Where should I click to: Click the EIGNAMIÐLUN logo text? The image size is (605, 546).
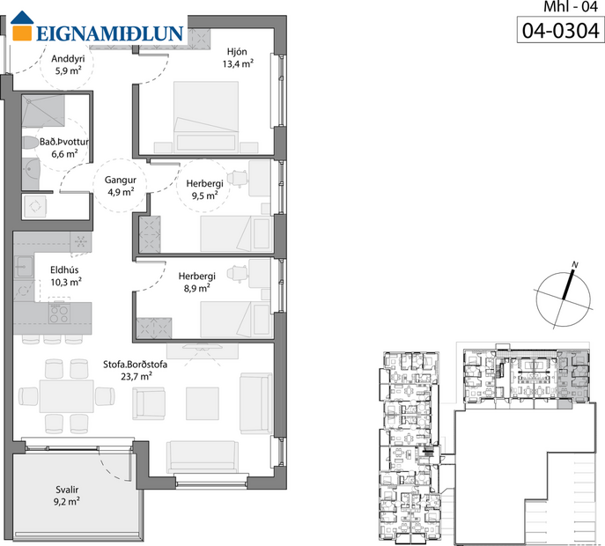110,34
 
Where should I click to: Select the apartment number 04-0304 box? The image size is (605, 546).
560,32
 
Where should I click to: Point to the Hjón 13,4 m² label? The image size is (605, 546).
238,57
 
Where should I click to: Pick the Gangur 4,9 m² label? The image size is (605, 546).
120,184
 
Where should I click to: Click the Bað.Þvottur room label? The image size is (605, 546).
64,147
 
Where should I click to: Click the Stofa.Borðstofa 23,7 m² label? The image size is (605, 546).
134,369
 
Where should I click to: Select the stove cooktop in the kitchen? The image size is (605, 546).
59,313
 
